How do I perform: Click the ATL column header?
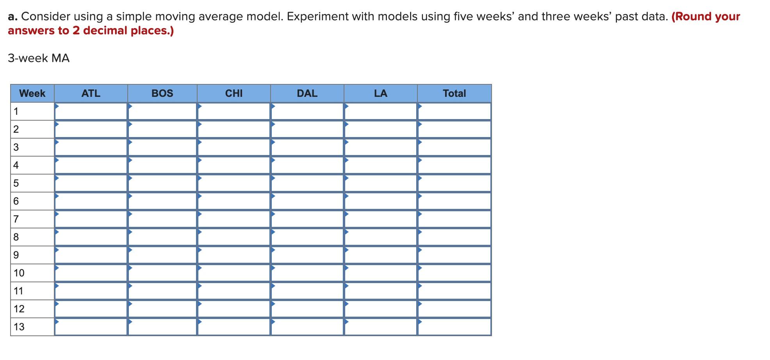[x=91, y=93]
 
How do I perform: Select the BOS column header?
[x=162, y=93]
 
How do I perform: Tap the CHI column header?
[x=233, y=93]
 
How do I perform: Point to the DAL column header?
[x=307, y=93]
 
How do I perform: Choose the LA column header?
[x=380, y=93]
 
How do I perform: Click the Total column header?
[x=454, y=93]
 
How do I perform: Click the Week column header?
[x=32, y=93]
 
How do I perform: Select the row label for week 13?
[x=19, y=327]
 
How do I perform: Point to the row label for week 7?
[x=16, y=219]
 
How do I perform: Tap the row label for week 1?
[x=16, y=111]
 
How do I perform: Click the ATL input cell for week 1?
[x=91, y=111]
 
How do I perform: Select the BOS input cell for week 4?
[x=162, y=165]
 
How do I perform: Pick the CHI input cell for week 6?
[x=233, y=201]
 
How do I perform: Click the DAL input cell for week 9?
[x=307, y=255]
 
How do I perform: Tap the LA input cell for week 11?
[x=380, y=291]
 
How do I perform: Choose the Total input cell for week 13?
[x=454, y=327]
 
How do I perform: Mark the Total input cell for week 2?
[x=454, y=129]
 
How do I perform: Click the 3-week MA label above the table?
[x=39, y=58]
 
